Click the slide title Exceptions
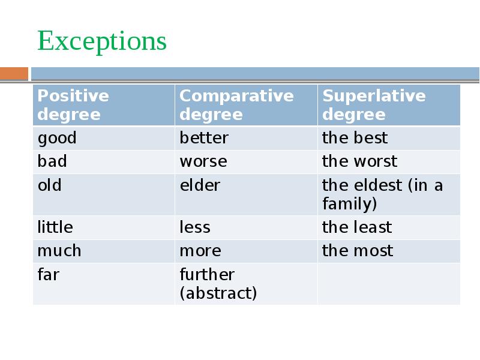(x=101, y=42)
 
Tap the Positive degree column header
(x=73, y=105)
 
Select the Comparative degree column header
(x=236, y=105)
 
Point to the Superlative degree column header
(x=374, y=105)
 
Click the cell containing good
(x=58, y=138)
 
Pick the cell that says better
(x=204, y=138)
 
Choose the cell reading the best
(x=355, y=138)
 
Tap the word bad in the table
(x=52, y=161)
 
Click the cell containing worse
(x=203, y=161)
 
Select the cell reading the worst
(x=359, y=161)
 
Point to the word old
(x=50, y=185)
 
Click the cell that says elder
(x=200, y=185)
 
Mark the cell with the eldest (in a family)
(x=382, y=194)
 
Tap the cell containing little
(x=55, y=227)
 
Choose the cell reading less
(x=195, y=227)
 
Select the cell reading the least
(x=356, y=227)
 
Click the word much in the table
(x=59, y=251)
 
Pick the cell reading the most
(x=358, y=251)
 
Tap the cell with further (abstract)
(x=218, y=284)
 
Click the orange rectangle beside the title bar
(x=14, y=74)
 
